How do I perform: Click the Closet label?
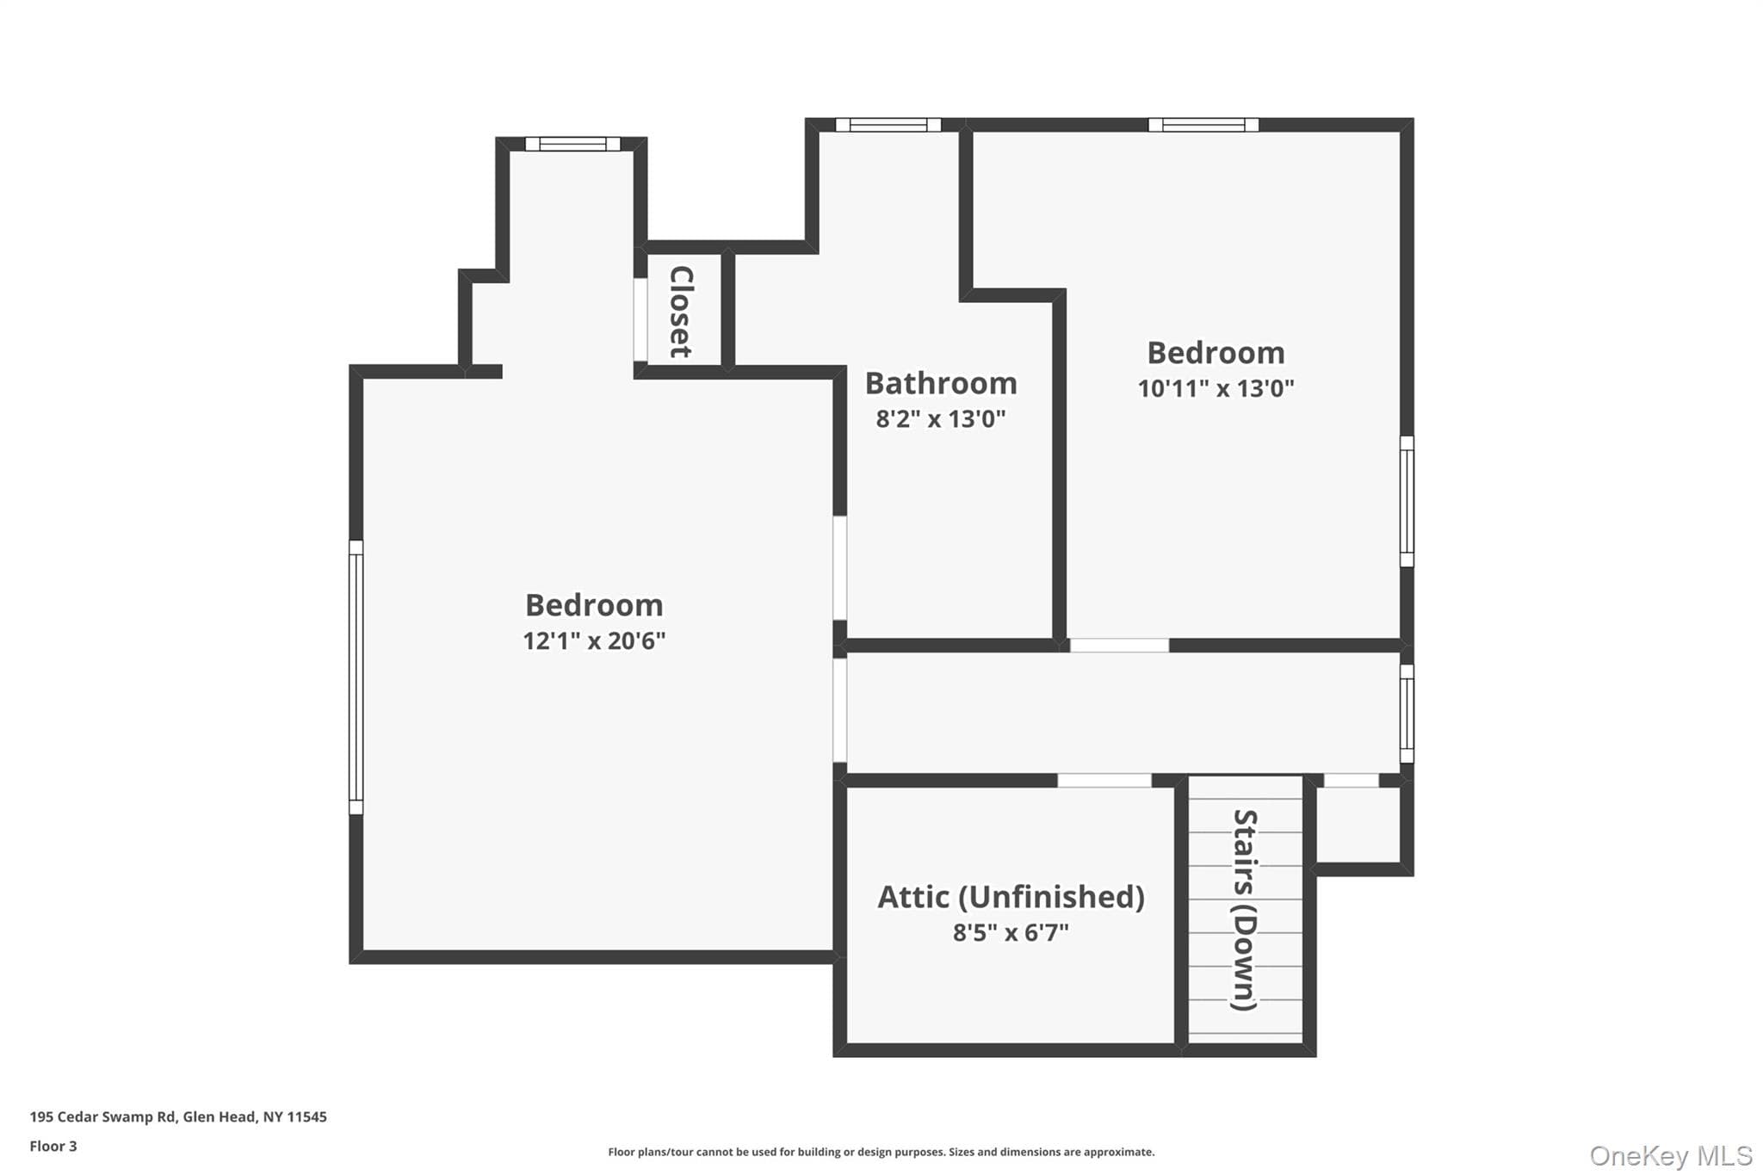click(681, 312)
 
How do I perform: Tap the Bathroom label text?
click(941, 383)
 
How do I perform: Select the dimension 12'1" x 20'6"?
click(594, 640)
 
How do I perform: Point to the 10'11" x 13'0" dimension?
click(1216, 388)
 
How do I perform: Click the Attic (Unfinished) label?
click(1011, 897)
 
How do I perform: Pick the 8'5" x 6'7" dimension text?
click(1011, 932)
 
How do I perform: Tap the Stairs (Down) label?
click(1245, 910)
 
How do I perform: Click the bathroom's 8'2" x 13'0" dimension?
click(941, 419)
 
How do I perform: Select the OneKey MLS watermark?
click(1670, 1155)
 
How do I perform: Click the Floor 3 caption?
click(53, 1146)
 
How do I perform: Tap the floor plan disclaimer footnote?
click(881, 1152)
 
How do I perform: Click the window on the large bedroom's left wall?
click(356, 677)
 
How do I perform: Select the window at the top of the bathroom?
click(888, 125)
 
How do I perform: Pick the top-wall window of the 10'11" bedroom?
click(1203, 125)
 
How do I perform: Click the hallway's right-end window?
click(1407, 714)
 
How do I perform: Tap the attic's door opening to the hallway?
click(1104, 781)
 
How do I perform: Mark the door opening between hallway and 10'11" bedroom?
click(1119, 646)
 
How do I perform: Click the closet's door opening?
click(640, 319)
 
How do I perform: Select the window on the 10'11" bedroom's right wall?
click(1407, 501)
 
